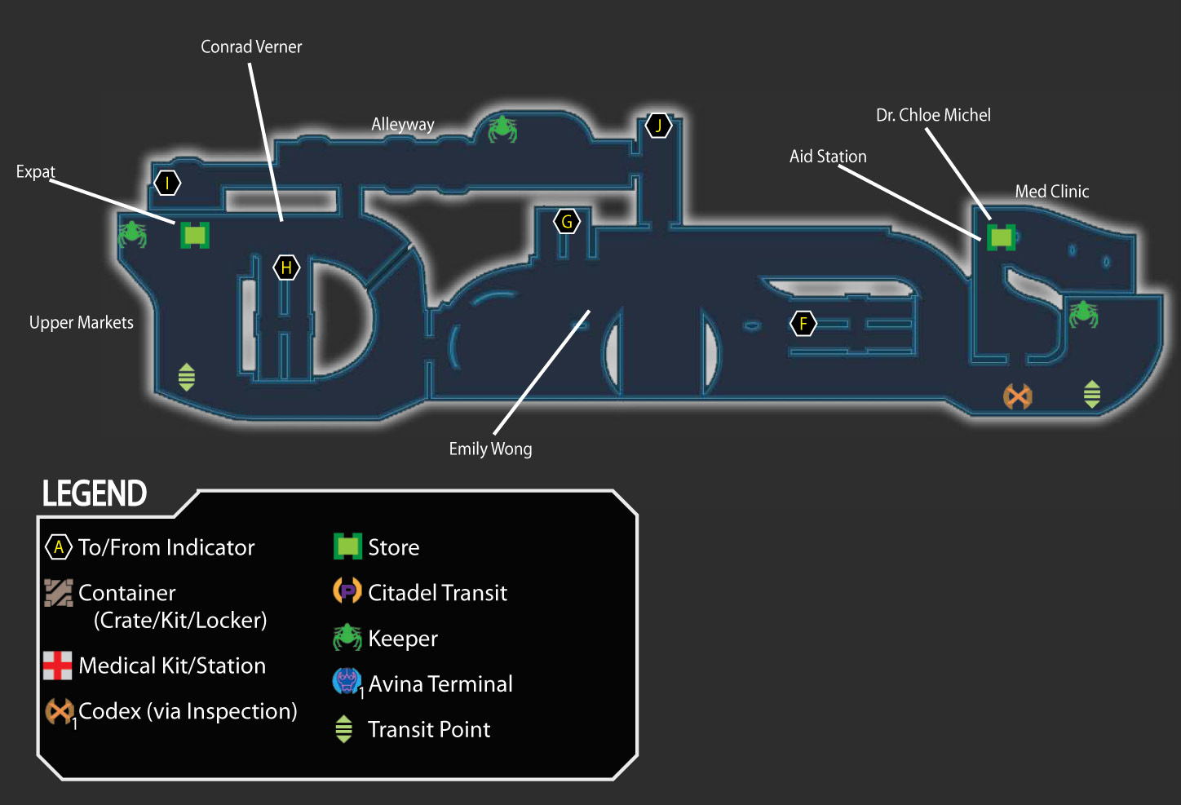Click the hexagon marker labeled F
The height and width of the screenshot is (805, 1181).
pos(803,323)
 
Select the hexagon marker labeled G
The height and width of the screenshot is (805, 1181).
pos(567,221)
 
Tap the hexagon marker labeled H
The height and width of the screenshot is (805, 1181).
pos(286,268)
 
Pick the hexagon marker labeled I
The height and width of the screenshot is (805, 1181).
pos(167,183)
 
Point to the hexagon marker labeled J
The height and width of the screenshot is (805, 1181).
pos(658,126)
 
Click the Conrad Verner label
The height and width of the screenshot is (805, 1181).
pos(251,47)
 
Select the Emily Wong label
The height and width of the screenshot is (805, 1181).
pos(490,449)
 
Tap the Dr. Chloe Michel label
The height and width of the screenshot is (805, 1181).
pos(933,115)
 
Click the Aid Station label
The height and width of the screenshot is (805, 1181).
pos(828,156)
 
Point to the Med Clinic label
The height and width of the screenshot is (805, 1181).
pos(1052,191)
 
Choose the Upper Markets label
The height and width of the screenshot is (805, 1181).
pos(82,322)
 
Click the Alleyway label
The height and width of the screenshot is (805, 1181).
pos(403,125)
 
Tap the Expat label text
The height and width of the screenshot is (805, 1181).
pos(35,171)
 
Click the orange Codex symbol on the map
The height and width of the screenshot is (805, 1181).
pos(1018,396)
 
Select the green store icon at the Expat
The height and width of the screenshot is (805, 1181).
pos(195,235)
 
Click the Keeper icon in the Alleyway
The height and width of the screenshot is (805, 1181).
pos(502,129)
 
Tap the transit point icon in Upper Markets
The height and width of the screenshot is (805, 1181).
pos(187,377)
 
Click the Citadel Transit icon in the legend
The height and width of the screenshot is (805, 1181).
pos(347,590)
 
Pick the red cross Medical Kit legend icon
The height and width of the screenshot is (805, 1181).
pos(57,666)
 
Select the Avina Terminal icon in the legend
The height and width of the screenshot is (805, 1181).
pos(347,681)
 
